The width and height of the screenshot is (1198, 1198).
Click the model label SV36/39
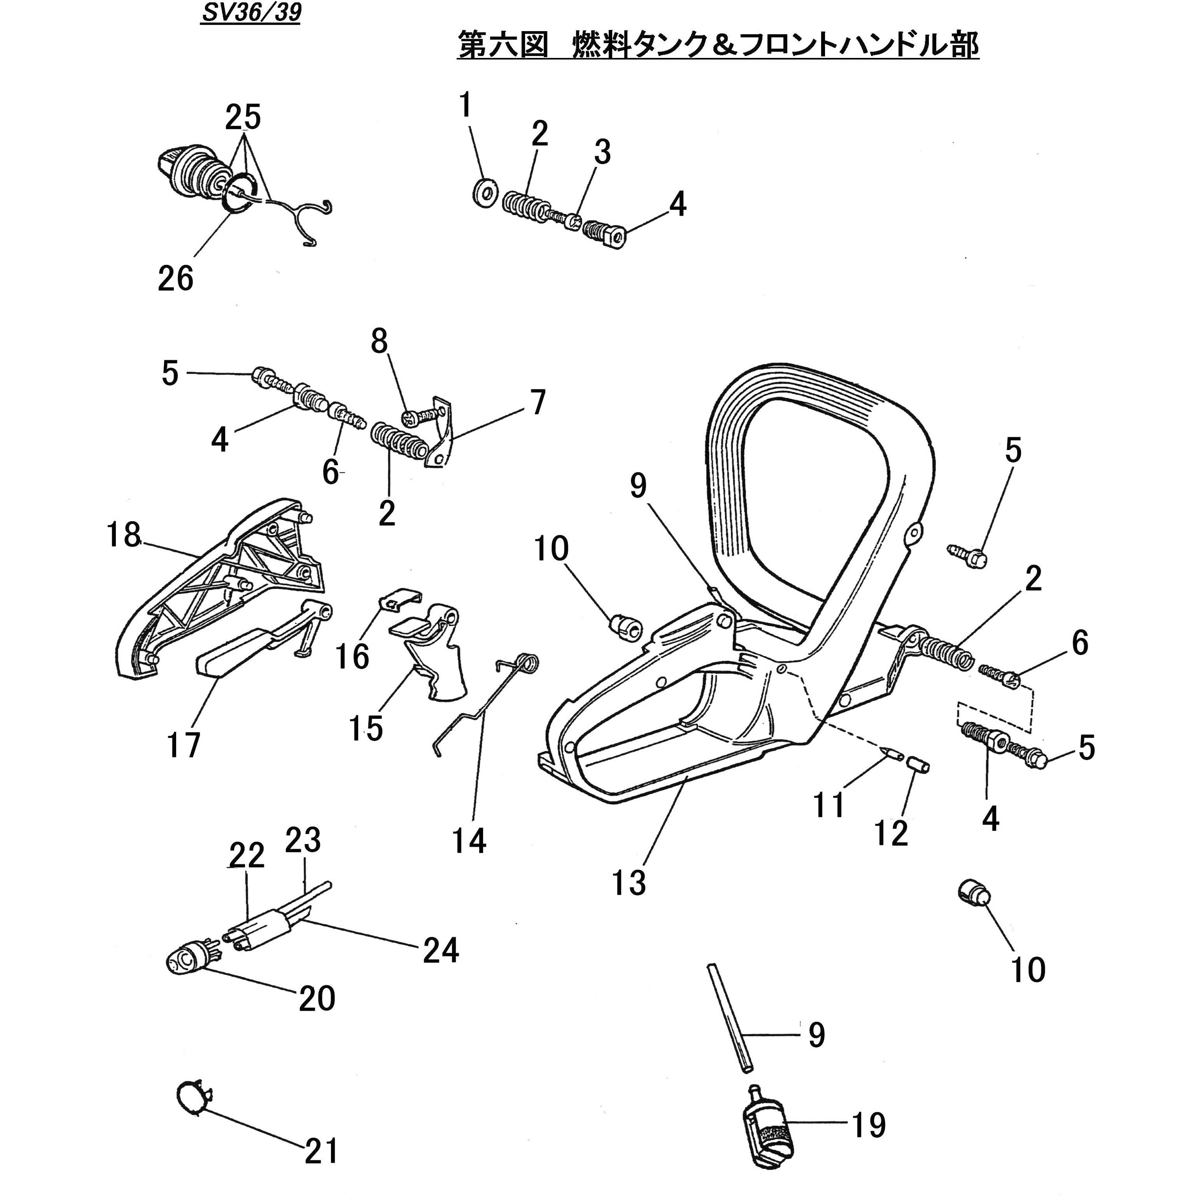250,14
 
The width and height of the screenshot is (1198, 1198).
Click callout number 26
175,278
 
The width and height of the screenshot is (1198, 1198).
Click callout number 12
891,833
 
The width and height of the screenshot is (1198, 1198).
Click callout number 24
441,950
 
